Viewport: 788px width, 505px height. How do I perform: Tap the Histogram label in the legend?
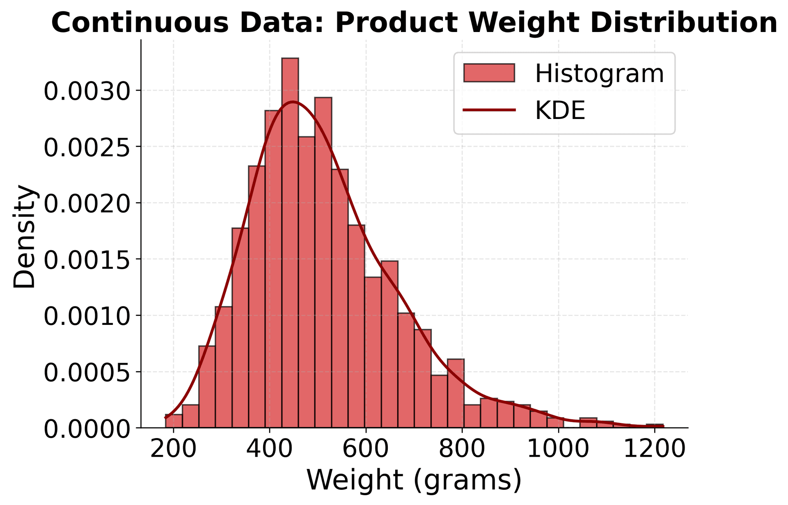[599, 74]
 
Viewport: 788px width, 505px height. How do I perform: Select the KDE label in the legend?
[560, 110]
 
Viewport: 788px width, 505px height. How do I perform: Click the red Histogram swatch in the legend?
[489, 73]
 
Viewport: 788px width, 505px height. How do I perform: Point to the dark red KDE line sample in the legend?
[489, 110]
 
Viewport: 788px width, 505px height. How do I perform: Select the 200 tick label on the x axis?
[173, 449]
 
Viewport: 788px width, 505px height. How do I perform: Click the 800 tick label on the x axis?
[462, 449]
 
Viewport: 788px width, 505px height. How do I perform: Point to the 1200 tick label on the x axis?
[654, 449]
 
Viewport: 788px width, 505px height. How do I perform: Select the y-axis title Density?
[25, 237]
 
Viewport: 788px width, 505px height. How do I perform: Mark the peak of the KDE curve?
[292, 102]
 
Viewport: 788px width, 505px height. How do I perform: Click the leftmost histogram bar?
[174, 421]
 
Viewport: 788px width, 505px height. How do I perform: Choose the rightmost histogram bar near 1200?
[655, 426]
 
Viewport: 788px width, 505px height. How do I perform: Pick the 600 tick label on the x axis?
[365, 449]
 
